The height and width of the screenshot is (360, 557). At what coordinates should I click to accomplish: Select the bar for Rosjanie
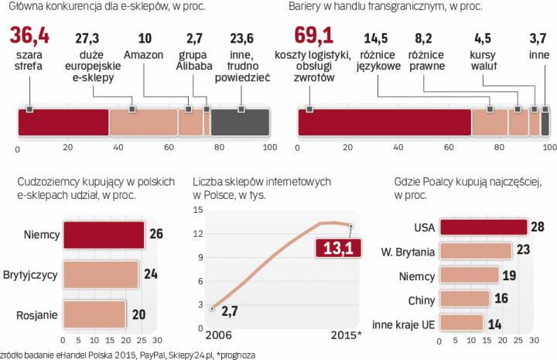[94, 314]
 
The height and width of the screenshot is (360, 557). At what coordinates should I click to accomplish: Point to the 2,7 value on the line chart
[228, 312]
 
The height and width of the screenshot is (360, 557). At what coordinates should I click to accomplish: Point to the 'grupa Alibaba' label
[193, 60]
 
